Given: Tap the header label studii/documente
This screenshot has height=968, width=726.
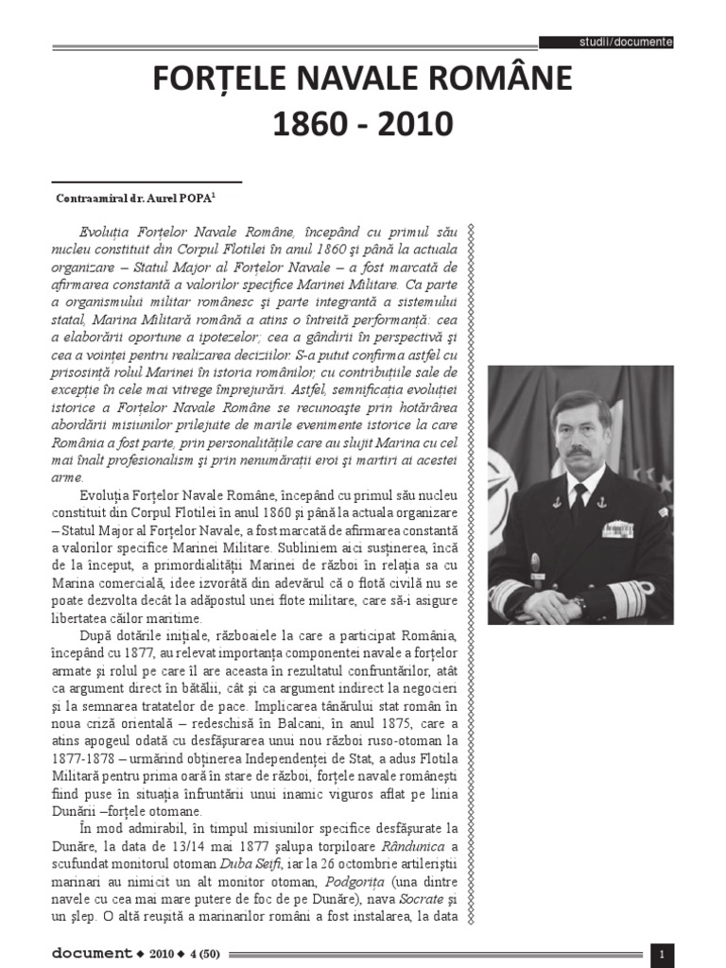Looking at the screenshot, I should pyautogui.click(x=625, y=43).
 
